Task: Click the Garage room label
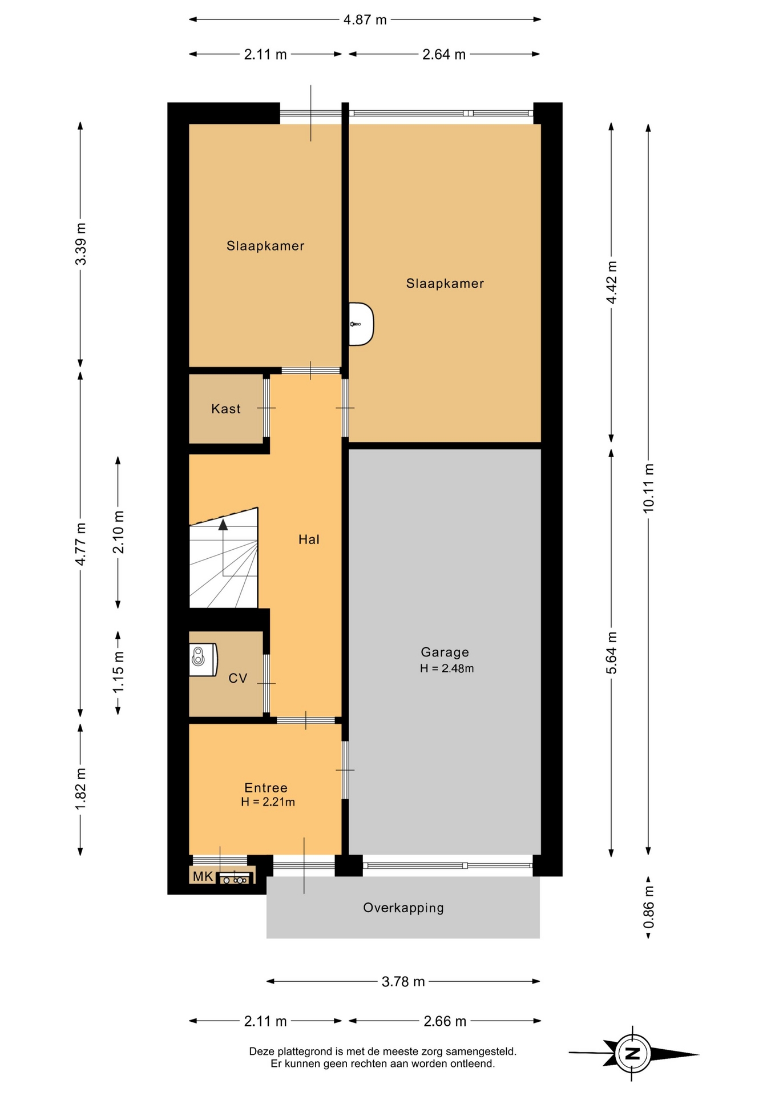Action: click(x=445, y=652)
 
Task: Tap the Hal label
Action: click(x=309, y=539)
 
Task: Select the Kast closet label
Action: click(x=226, y=409)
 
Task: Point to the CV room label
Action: click(x=237, y=678)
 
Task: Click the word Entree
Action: click(x=266, y=788)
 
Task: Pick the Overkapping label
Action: click(x=403, y=908)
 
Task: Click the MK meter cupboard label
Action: click(x=203, y=876)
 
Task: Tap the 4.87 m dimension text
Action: click(x=365, y=20)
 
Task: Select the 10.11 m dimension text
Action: click(x=648, y=488)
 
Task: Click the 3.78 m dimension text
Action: click(x=403, y=981)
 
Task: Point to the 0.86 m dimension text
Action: click(x=648, y=908)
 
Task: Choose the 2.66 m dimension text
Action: click(x=445, y=1021)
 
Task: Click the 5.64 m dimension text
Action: click(x=611, y=653)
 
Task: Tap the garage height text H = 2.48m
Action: click(x=447, y=668)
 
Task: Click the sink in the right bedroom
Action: click(x=361, y=324)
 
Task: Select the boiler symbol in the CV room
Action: click(x=203, y=659)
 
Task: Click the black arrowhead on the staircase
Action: click(x=223, y=525)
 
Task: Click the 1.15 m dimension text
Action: click(x=118, y=672)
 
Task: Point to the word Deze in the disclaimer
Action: click(x=261, y=1051)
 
